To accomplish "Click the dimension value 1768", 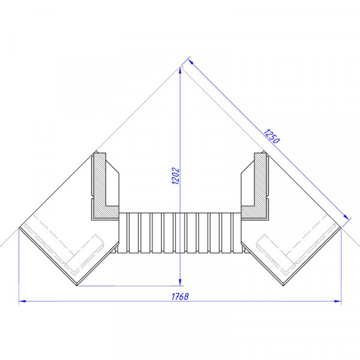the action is [180, 296].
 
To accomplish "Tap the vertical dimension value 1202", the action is [176, 176].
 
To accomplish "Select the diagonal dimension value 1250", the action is [271, 136].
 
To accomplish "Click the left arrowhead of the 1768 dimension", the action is [22, 301].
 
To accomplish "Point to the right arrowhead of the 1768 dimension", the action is [338, 301].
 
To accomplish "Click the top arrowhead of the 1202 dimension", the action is [180, 70].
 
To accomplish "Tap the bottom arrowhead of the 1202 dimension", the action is [180, 283].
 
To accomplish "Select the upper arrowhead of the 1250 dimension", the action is [191, 62].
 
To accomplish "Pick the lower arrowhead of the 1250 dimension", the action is [346, 217].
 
